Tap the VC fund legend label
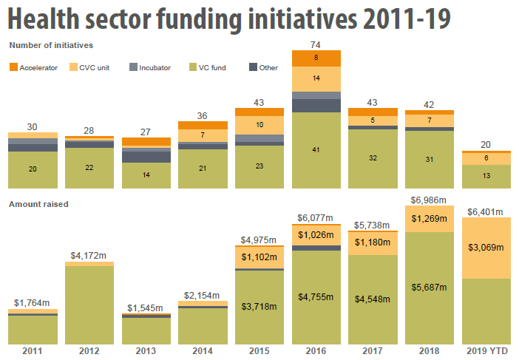tap(212, 67)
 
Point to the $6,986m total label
tap(430, 200)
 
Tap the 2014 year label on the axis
tap(203, 350)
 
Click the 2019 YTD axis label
tap(486, 350)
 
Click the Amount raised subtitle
tap(38, 203)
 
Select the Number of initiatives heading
tap(51, 45)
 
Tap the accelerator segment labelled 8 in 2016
tap(316, 58)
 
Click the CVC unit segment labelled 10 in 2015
tap(259, 125)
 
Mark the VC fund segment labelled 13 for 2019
tap(486, 176)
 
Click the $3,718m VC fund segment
tap(259, 306)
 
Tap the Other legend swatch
tap(253, 67)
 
